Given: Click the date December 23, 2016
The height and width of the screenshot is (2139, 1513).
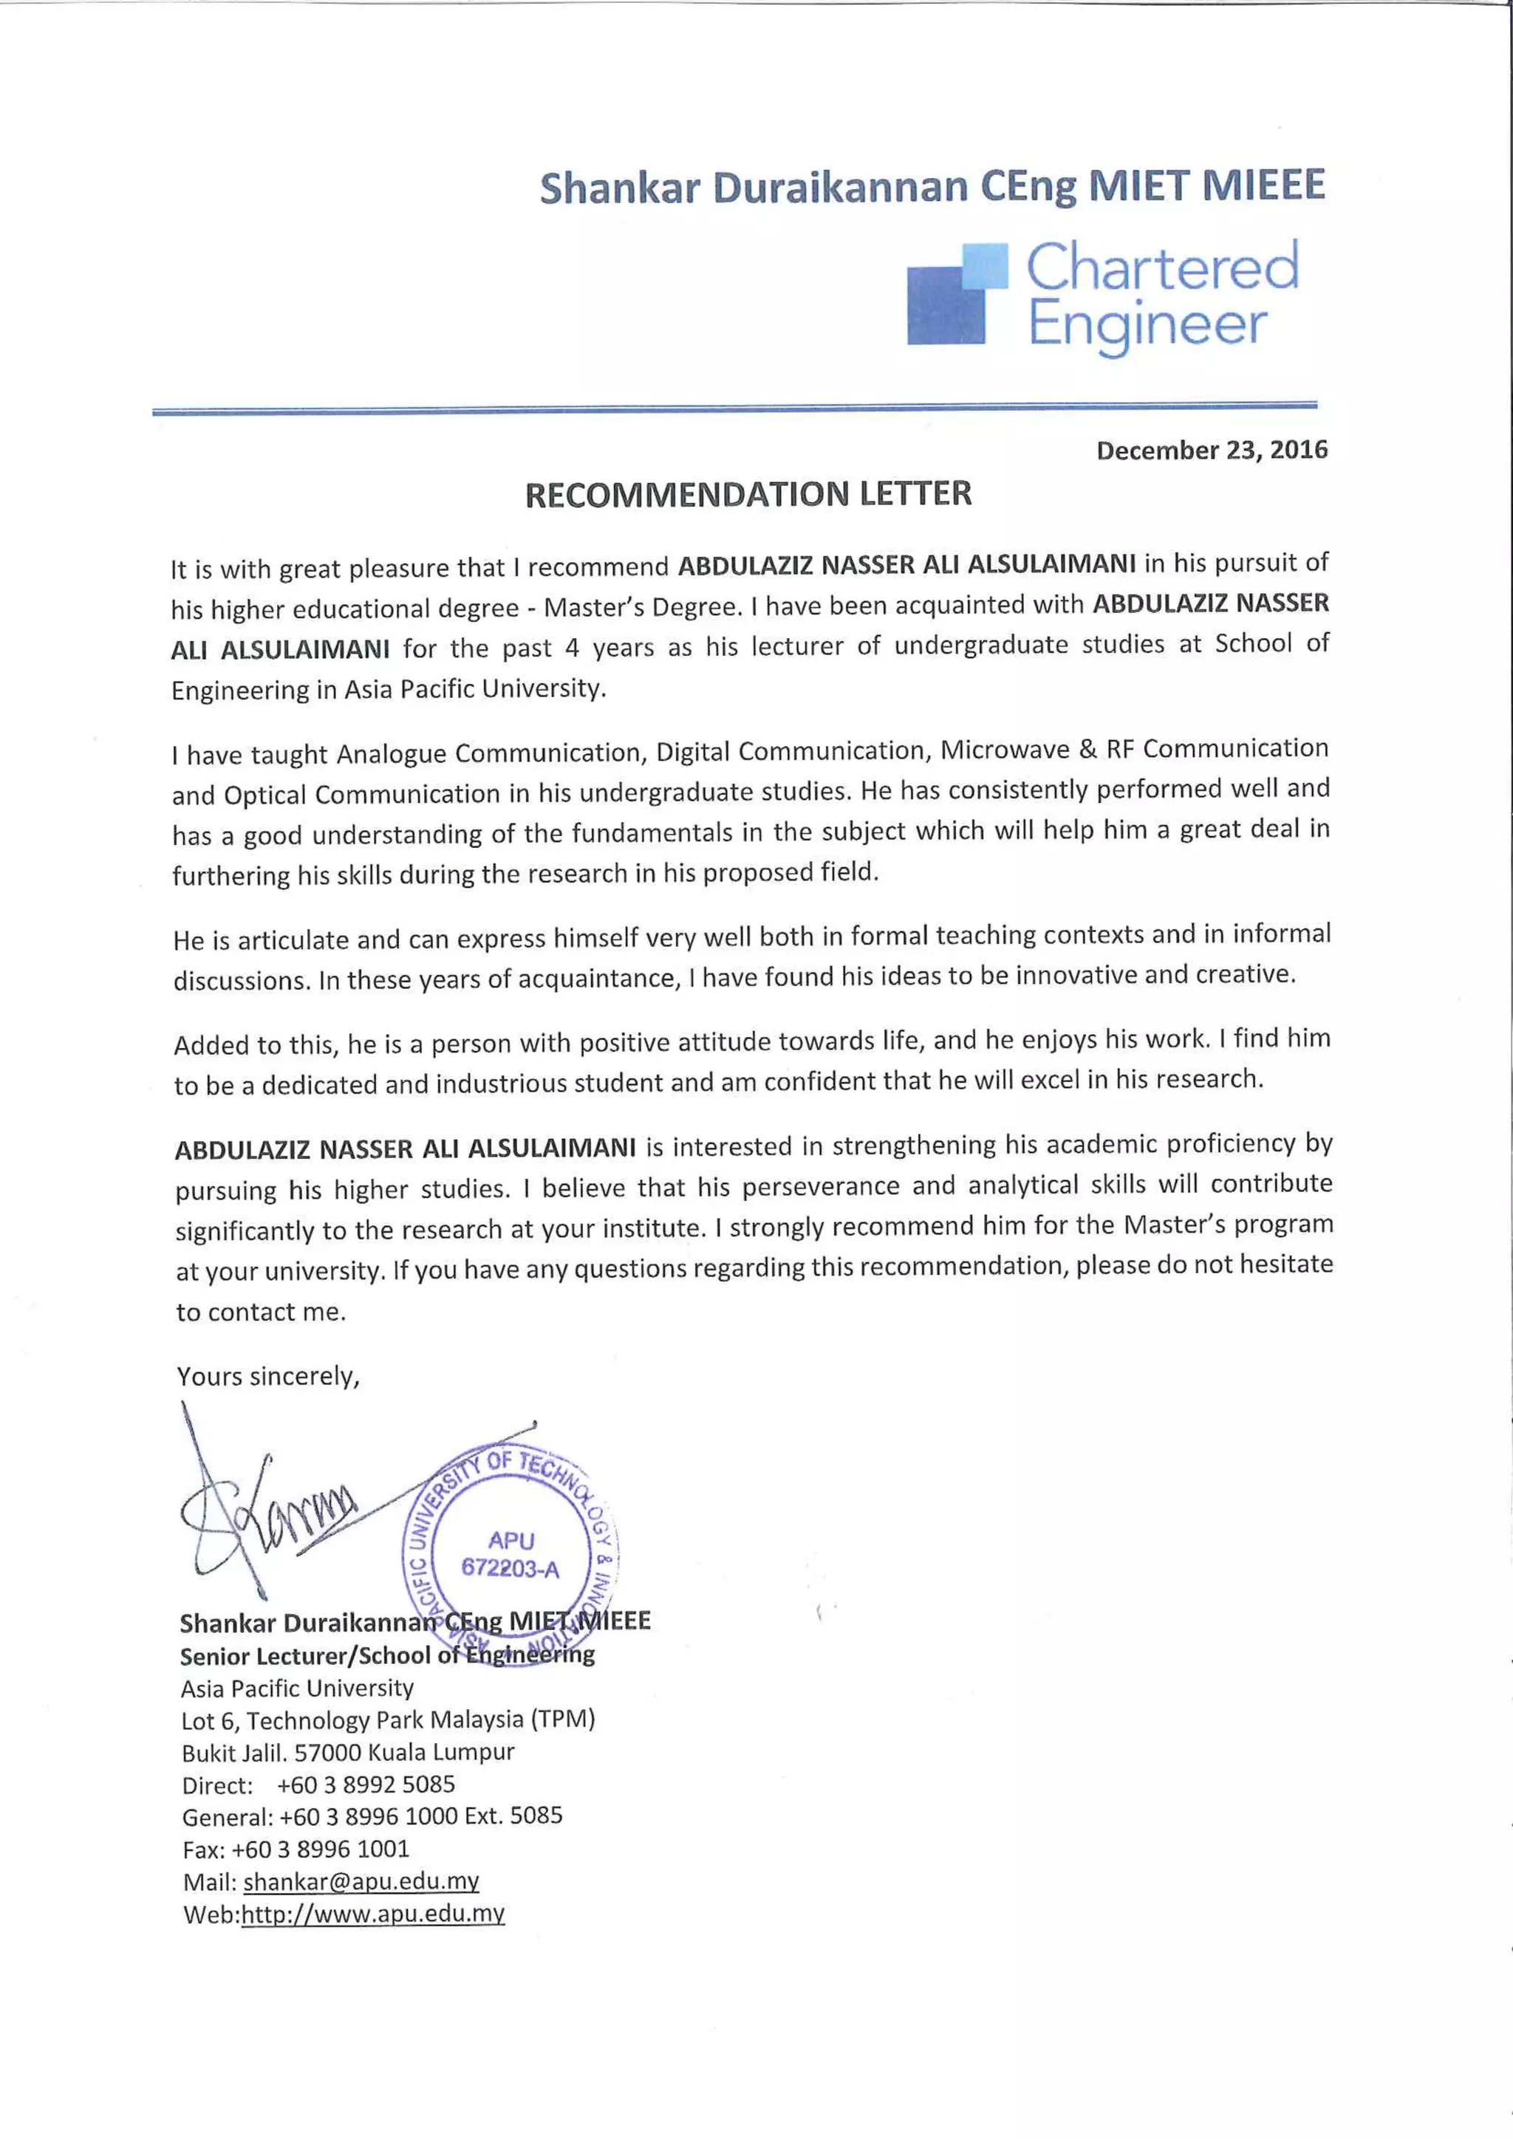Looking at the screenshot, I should click(x=1211, y=450).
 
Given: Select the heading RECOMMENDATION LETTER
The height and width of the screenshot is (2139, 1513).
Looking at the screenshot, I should click(x=748, y=494).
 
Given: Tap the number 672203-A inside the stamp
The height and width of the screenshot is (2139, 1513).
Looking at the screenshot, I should click(x=510, y=1569).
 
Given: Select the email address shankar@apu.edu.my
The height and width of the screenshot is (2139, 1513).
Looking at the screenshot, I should click(x=361, y=1881).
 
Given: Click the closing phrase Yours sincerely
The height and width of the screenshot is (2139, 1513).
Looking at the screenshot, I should click(x=268, y=1376).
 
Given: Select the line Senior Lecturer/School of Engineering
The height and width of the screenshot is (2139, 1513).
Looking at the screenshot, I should click(x=386, y=1655).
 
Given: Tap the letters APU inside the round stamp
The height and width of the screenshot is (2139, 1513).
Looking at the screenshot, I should click(x=510, y=1540).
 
